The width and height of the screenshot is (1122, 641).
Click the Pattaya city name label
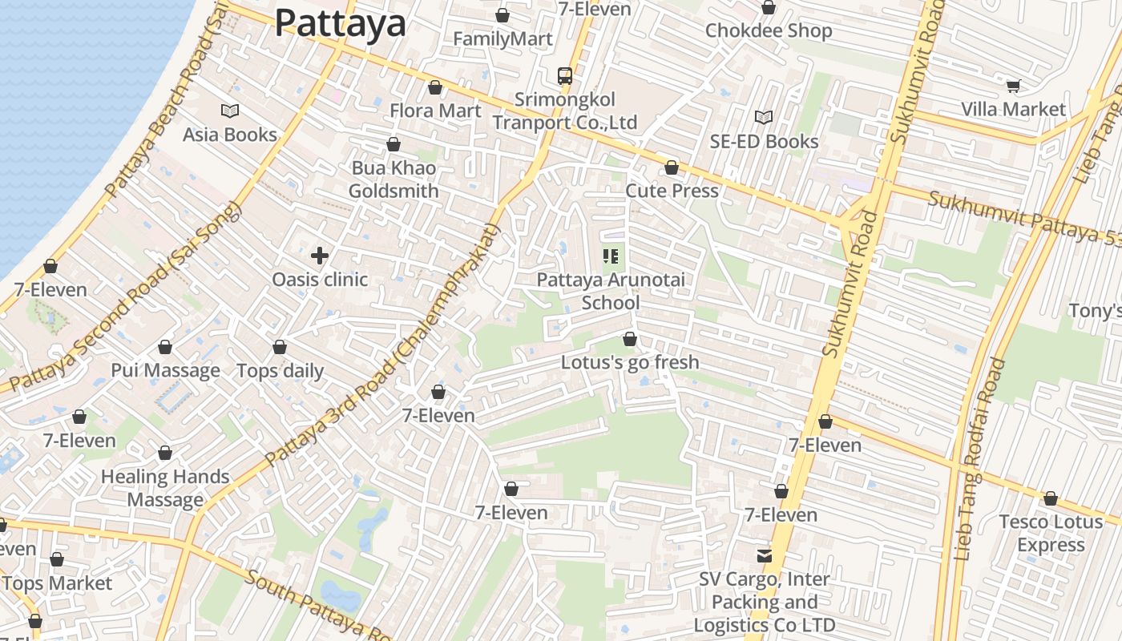tap(341, 23)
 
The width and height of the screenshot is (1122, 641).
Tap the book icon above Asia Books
tap(230, 111)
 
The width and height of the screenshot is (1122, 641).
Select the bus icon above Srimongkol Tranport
tap(565, 76)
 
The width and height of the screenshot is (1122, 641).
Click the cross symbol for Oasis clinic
tap(320, 256)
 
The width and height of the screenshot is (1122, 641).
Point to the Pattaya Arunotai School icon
tap(611, 256)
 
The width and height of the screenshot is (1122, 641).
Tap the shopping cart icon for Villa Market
tap(1014, 86)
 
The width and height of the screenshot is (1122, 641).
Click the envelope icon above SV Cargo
tap(765, 555)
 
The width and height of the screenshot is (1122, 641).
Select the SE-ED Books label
tap(764, 142)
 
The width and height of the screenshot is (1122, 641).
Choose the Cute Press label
tap(672, 191)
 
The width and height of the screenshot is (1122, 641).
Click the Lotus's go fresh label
tap(630, 362)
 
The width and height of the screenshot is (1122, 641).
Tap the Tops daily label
tap(280, 371)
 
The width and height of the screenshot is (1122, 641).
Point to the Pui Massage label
tap(165, 371)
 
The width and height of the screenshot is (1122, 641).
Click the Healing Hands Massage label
tap(165, 488)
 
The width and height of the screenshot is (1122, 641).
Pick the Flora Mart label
tap(435, 111)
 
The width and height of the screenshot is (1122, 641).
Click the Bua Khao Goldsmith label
tap(394, 179)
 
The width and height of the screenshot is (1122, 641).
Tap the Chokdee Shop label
tap(769, 31)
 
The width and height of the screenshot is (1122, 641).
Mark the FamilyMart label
tap(502, 39)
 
